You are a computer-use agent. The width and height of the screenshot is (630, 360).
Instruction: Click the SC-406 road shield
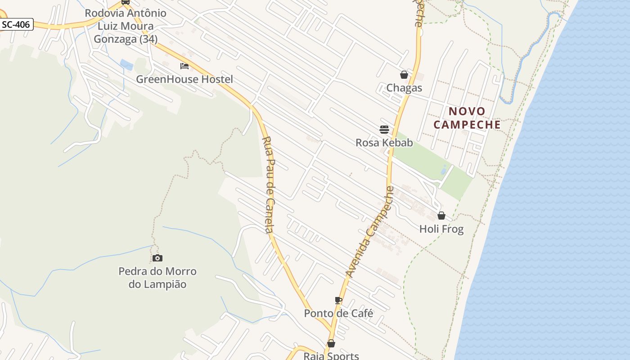tap(16, 25)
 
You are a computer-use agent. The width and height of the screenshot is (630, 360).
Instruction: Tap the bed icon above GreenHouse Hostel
tap(184, 66)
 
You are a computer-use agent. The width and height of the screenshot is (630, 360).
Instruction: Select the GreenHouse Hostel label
tap(184, 80)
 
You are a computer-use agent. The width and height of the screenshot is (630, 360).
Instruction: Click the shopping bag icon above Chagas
tap(404, 75)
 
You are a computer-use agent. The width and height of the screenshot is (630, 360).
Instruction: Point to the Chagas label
tap(404, 88)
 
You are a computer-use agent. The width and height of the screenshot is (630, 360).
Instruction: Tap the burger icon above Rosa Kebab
tap(384, 130)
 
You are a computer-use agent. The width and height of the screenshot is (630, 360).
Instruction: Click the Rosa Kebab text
tap(384, 143)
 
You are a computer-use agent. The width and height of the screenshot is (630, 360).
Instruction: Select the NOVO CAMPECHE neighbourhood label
tap(467, 118)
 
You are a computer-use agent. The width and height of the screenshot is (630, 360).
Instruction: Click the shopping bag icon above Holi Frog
tap(441, 216)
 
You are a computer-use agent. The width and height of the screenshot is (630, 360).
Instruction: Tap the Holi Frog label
tap(441, 229)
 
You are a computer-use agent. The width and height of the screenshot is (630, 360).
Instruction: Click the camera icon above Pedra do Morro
tap(157, 258)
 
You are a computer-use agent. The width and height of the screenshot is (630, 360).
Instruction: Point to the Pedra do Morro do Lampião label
tap(157, 278)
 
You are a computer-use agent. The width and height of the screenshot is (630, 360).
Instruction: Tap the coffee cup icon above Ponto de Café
tap(338, 300)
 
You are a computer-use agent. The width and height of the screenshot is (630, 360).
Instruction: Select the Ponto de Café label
tap(338, 314)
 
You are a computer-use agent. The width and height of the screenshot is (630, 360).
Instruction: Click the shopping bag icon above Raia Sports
tap(331, 343)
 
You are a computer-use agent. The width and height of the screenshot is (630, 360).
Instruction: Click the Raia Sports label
tap(331, 355)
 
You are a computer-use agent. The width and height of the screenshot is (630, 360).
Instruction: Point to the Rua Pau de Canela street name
tap(268, 184)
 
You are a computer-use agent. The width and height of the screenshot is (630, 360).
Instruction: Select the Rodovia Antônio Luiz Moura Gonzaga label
tap(126, 26)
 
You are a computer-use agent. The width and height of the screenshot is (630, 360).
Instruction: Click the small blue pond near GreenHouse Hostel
tap(127, 65)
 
